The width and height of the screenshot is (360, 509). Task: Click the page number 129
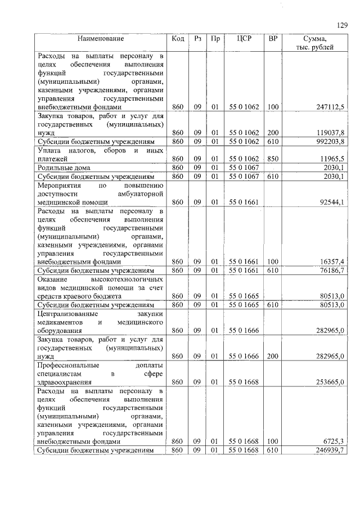point(341,25)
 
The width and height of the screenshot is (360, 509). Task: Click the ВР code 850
point(273,159)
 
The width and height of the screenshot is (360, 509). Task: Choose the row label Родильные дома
point(64,168)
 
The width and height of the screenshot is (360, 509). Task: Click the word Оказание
point(53,278)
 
